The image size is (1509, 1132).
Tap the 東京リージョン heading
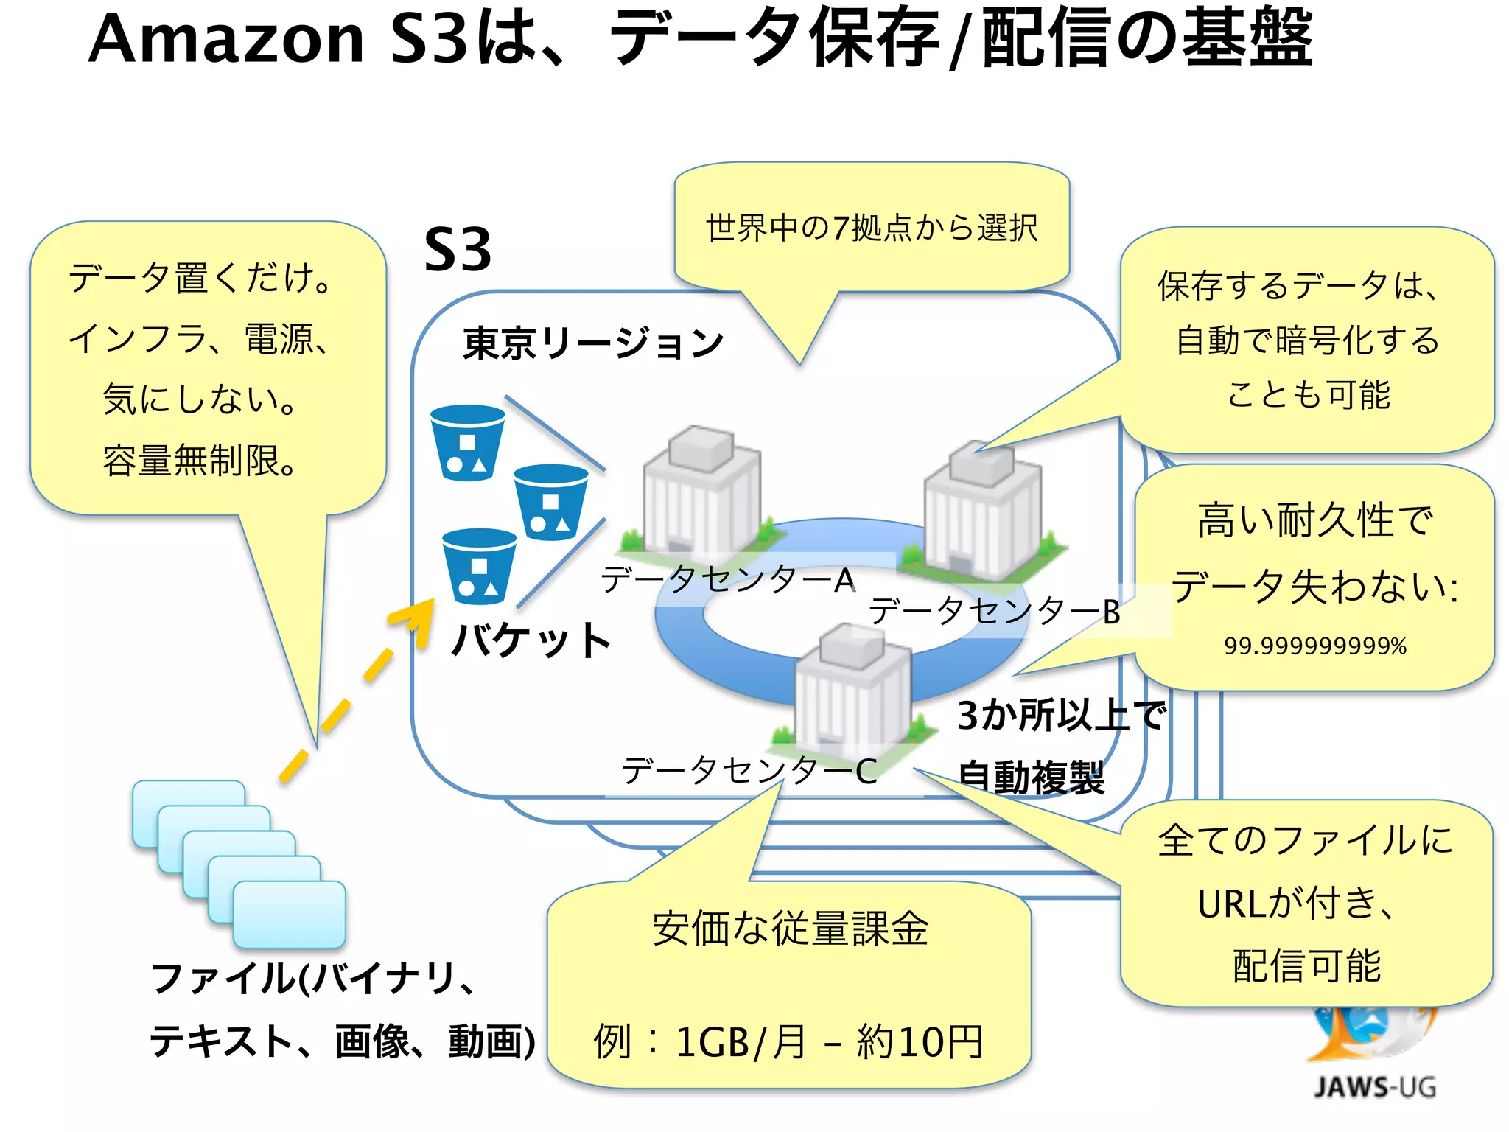point(593,343)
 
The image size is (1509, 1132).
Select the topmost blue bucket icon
point(467,442)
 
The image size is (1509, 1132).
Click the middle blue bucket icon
point(550,502)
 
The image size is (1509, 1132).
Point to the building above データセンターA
point(700,490)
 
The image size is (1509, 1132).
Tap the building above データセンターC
point(853,685)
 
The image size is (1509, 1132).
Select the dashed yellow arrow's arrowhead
point(417,617)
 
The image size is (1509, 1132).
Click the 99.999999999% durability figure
point(1315,646)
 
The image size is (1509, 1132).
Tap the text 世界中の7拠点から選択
point(872,228)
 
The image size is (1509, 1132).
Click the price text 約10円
point(920,1042)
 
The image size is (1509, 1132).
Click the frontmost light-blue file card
point(289,915)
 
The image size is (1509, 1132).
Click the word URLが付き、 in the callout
point(1297,904)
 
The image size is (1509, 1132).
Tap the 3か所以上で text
point(1061,716)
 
